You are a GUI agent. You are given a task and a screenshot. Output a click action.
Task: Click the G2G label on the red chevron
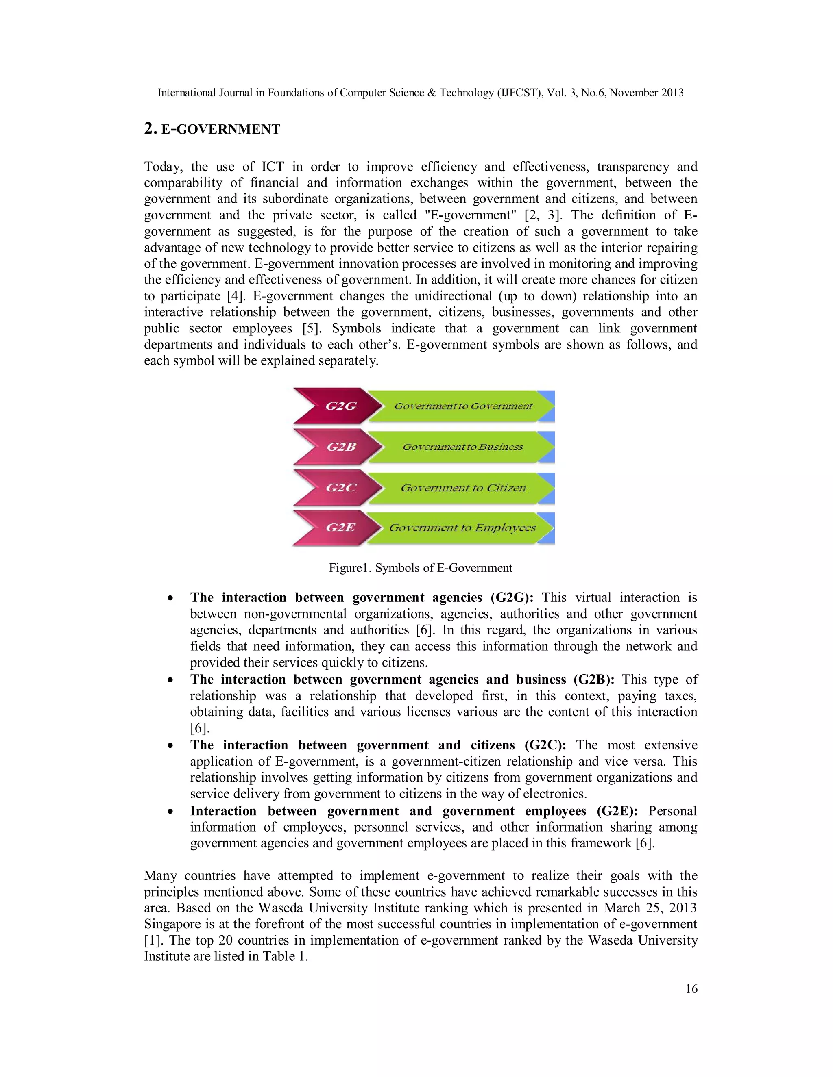coord(340,406)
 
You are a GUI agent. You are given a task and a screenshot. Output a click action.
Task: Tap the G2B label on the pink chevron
coord(341,447)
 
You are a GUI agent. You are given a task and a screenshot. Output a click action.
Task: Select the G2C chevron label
coord(340,488)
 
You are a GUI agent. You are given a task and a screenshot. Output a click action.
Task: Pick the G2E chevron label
coord(340,528)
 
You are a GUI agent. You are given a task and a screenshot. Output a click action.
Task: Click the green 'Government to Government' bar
coord(463,406)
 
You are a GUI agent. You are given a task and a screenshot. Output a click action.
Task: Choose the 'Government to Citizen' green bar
coord(463,488)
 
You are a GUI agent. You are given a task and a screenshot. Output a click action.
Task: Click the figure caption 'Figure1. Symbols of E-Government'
coord(421,568)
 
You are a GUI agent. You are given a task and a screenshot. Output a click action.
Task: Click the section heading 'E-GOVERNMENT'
coord(220,130)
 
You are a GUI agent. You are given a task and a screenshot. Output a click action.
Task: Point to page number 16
coord(691,989)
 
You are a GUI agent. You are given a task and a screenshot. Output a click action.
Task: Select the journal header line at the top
coord(421,93)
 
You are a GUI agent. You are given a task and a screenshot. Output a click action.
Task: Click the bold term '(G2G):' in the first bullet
coord(512,598)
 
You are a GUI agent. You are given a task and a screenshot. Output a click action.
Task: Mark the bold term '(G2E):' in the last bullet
coord(617,811)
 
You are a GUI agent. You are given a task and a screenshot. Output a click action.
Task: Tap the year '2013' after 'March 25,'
coord(683,908)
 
